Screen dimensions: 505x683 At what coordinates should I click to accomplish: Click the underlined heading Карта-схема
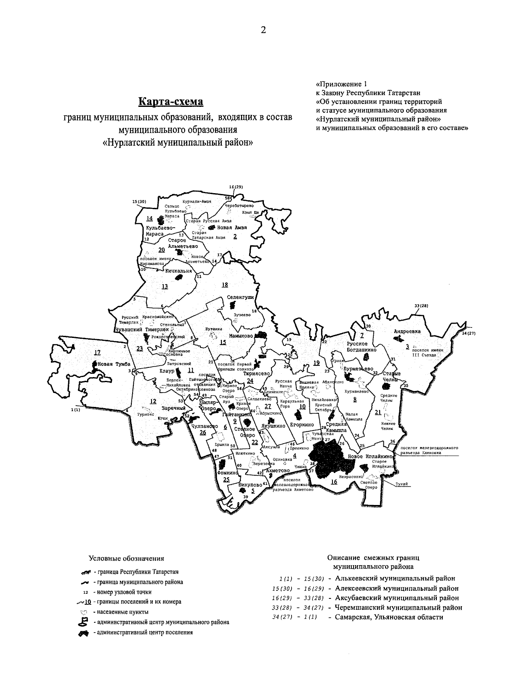coord(171,102)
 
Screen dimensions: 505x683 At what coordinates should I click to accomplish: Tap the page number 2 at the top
coord(263,29)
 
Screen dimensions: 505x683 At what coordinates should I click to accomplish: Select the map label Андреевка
coord(407,331)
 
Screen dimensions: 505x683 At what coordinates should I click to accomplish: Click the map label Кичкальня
coord(178,271)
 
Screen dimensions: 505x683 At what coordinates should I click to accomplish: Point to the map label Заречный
coord(173,408)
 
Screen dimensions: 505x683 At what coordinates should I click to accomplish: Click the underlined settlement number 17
coord(98,353)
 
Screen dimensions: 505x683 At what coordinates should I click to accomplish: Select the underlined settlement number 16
coord(334,482)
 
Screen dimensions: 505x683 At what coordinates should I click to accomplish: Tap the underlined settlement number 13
coord(164,287)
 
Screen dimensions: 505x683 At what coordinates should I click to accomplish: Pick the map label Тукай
coord(401,484)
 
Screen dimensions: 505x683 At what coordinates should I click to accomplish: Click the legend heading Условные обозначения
coord(126,558)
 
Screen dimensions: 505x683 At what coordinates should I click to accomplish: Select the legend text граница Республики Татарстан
coord(138,572)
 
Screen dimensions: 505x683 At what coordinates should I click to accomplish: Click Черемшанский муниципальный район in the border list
coord(399,607)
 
